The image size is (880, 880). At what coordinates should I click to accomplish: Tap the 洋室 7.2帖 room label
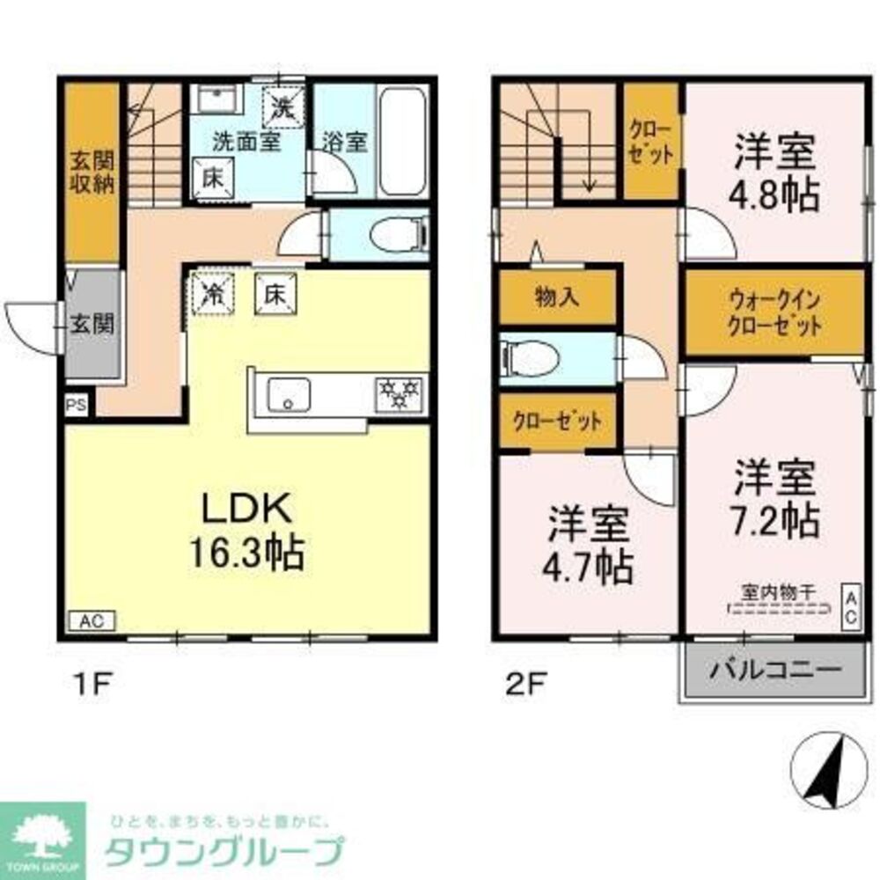(777, 501)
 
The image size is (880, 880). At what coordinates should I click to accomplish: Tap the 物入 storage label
(557, 296)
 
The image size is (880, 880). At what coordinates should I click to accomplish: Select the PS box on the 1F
(75, 406)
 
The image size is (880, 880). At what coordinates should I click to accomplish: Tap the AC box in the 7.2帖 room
(851, 606)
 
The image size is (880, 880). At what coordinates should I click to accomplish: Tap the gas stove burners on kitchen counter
(400, 392)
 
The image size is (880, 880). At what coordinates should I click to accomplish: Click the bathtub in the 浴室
(401, 143)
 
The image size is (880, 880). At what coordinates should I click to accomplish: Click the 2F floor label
(518, 683)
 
